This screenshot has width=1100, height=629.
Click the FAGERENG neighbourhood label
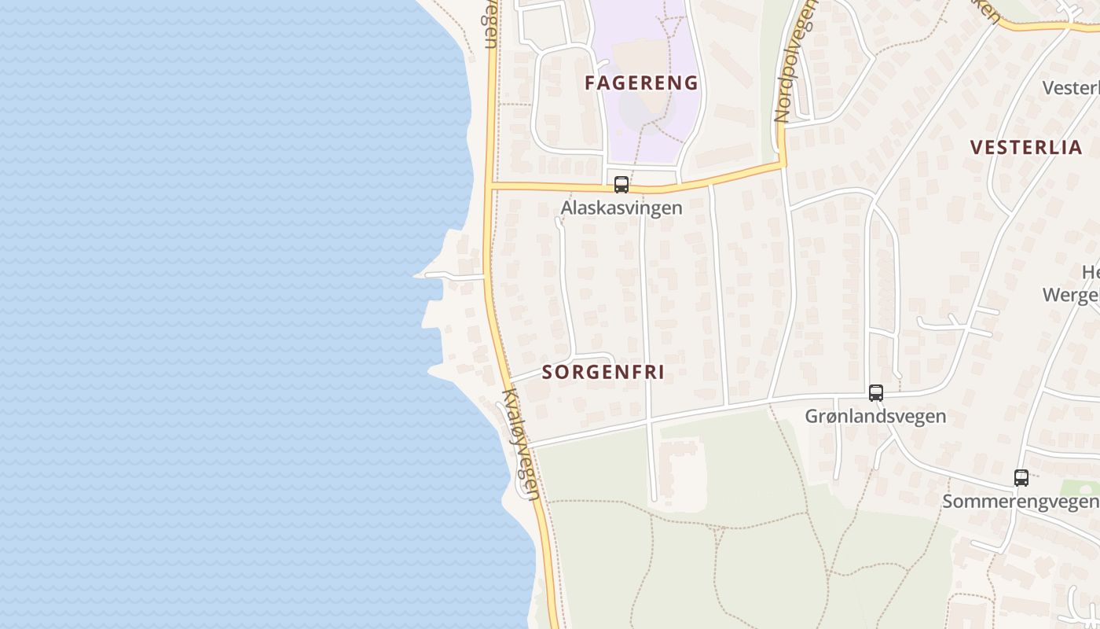pos(641,83)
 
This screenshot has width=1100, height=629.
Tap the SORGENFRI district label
pos(603,372)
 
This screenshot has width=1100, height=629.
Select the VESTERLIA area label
pos(1026,147)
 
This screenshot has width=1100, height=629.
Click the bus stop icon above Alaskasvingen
pos(621,185)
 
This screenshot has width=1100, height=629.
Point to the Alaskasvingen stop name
pos(621,208)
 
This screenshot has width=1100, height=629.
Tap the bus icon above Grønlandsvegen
pos(875,393)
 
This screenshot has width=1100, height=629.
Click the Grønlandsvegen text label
pos(875,416)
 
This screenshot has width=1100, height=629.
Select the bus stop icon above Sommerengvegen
pos(1021,477)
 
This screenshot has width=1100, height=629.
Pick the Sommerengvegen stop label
pos(1020,501)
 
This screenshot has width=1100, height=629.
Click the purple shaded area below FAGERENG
pos(652,126)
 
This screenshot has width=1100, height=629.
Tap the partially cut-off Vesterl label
pos(1070,87)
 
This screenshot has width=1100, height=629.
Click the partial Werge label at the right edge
pos(1070,295)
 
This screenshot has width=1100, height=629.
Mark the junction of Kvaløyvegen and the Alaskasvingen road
pos(489,186)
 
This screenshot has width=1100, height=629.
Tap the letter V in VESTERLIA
pos(977,147)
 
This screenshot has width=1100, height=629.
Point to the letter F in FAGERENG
pos(590,83)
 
